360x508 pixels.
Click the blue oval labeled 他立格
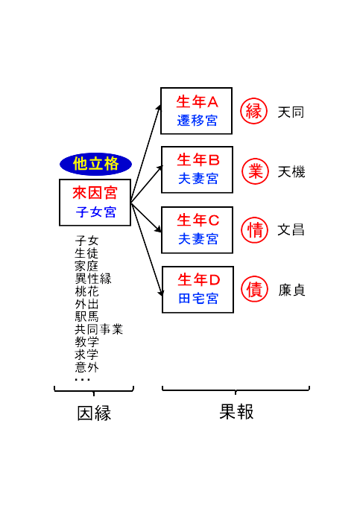(95, 164)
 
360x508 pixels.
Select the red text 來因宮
(95, 193)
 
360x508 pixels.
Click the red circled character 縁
(254, 111)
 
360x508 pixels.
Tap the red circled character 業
(255, 171)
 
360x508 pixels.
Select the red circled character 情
(255, 230)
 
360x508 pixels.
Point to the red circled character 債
(255, 289)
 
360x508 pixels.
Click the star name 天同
(291, 112)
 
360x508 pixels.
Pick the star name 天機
(291, 172)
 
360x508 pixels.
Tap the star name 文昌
(291, 230)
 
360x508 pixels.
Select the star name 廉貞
(291, 290)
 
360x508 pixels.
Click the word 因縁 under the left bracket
(94, 413)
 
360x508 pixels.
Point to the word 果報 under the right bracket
(236, 412)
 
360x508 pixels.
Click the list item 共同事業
(99, 329)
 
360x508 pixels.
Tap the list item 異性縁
(93, 279)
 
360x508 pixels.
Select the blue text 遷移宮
(198, 121)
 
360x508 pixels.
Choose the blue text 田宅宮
(198, 299)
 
